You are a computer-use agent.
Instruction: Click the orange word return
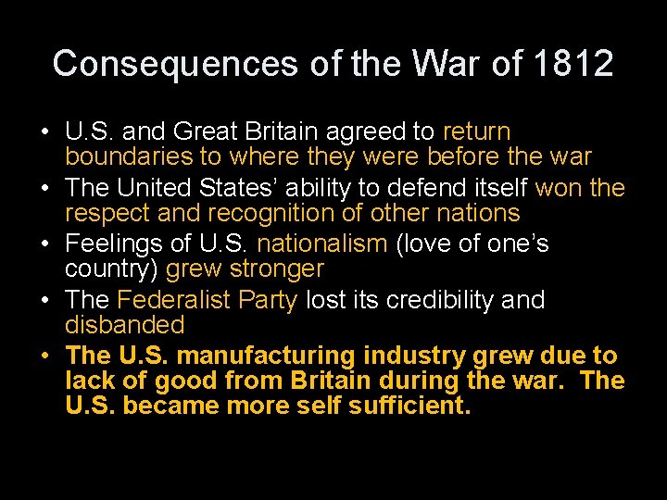[476, 132]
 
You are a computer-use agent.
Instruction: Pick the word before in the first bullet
[464, 157]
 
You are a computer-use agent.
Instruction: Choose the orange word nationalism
[321, 244]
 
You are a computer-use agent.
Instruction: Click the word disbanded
[125, 325]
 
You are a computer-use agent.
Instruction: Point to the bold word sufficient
[409, 406]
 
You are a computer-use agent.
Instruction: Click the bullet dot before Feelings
[45, 244]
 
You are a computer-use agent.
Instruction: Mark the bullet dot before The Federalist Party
[45, 301]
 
